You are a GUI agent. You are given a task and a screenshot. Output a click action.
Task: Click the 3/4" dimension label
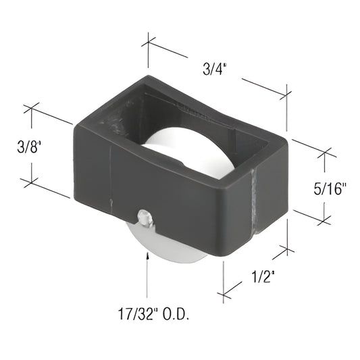[x=215, y=68]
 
